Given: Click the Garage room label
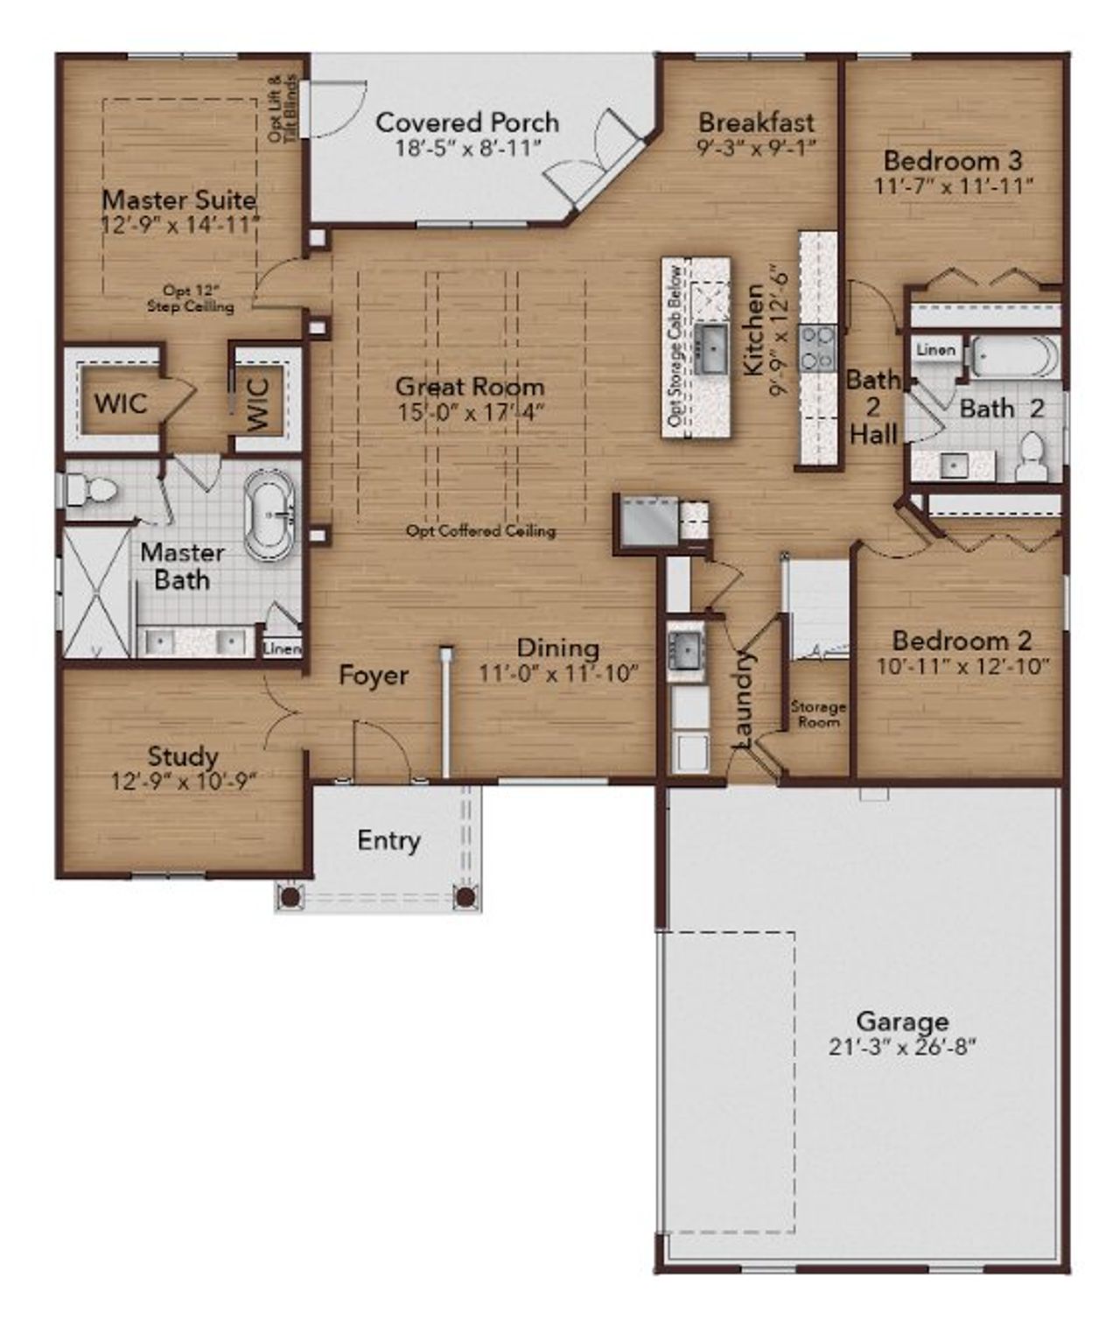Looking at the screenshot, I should coord(901,1021).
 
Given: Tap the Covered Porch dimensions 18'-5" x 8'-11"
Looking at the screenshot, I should coord(467,148).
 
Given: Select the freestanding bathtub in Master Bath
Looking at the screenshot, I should coord(270,516).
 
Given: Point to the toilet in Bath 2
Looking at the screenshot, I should coord(1032,459).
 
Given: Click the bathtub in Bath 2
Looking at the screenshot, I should coord(1015,357).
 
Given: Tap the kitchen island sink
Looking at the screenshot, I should coord(710,348).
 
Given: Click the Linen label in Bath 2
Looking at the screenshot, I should coord(935,350).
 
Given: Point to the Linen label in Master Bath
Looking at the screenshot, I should coord(282,649).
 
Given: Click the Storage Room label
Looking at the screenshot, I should coord(818,713).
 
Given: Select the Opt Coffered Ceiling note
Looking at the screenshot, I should coord(480,530).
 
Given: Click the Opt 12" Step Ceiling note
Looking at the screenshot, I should coord(190,298).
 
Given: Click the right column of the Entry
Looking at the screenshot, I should coord(466,897).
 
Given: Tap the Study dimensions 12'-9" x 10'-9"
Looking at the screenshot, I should coord(183,781).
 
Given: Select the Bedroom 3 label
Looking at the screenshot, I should coord(953,161).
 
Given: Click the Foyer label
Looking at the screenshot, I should coord(374,676).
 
